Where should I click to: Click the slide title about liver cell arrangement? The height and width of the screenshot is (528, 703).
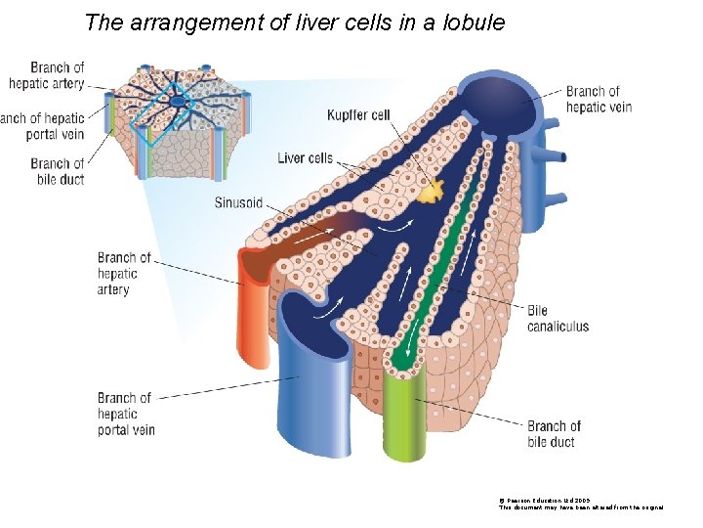[x=295, y=22]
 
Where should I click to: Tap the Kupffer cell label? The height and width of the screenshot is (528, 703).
[x=358, y=115]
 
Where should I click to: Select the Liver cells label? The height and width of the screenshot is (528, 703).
[x=305, y=157]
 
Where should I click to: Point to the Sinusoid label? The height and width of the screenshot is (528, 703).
[x=238, y=202]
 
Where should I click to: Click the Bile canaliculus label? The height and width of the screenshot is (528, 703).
[x=558, y=319]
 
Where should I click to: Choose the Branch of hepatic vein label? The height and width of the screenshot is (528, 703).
[x=599, y=99]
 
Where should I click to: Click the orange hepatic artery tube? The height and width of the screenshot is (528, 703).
[x=257, y=313]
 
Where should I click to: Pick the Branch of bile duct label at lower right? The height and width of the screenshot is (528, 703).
[x=554, y=434]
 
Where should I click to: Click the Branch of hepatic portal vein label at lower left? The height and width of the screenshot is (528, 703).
[x=125, y=414]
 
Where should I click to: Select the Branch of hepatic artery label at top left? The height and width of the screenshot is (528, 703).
[x=49, y=75]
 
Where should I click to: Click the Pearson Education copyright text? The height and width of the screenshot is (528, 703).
[x=581, y=503]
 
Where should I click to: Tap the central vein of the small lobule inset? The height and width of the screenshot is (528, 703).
[x=177, y=101]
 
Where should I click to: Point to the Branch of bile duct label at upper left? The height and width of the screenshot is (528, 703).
[x=58, y=171]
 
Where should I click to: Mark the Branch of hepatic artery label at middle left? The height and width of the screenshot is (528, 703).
[x=124, y=274]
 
